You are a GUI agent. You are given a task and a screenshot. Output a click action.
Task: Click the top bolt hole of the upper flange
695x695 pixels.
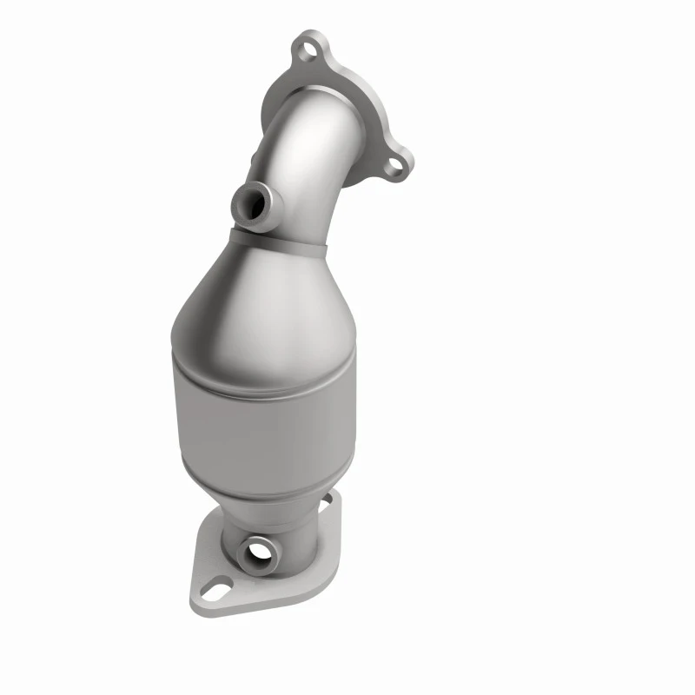click(307, 50)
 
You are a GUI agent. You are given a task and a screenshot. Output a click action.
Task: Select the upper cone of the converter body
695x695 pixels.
click(261, 295)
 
